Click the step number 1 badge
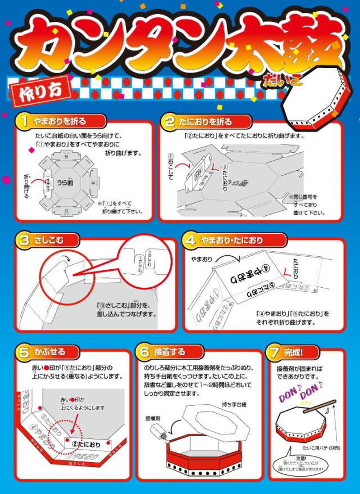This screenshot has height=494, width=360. pyautogui.click(x=24, y=120)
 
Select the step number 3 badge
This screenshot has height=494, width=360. pyautogui.click(x=24, y=241)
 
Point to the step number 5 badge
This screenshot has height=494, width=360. pyautogui.click(x=24, y=352)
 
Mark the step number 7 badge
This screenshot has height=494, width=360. pyautogui.click(x=274, y=352)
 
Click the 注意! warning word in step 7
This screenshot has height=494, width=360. pyautogui.click(x=304, y=457)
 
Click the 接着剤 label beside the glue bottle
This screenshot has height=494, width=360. pyautogui.click(x=152, y=418)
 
